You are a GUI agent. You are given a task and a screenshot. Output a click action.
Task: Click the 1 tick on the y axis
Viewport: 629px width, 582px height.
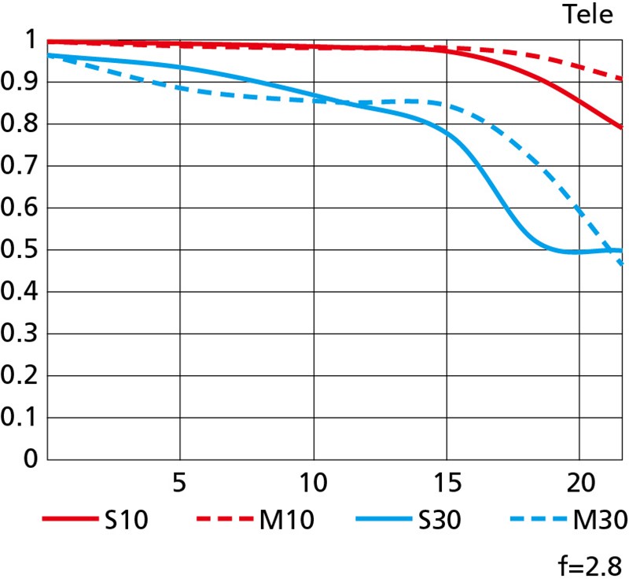pyautogui.click(x=30, y=40)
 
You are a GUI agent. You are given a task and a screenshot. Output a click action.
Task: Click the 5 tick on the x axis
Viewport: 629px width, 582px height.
pyautogui.click(x=181, y=481)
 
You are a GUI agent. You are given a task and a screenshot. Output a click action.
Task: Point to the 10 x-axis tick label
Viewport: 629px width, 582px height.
pyautogui.click(x=314, y=481)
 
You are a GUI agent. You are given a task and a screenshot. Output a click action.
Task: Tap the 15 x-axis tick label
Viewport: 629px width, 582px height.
pyautogui.click(x=447, y=481)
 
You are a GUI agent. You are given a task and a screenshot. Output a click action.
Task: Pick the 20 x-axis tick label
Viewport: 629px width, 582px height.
pyautogui.click(x=579, y=481)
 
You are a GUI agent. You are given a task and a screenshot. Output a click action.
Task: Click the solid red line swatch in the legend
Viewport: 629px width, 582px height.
pyautogui.click(x=68, y=518)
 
